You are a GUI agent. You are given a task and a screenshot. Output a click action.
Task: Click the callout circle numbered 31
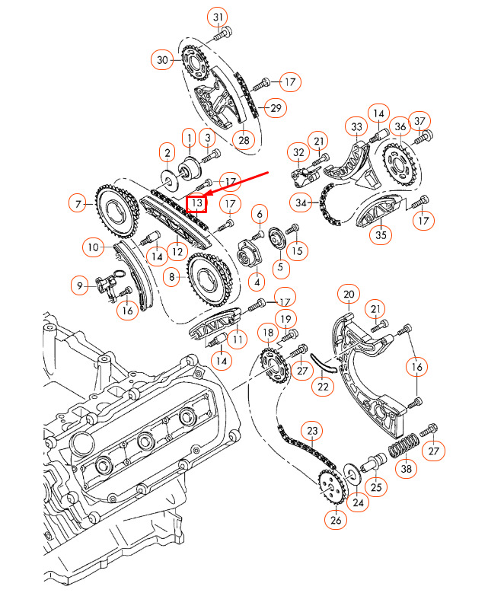[218, 17]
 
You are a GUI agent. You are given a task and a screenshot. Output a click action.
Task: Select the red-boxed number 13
[196, 203]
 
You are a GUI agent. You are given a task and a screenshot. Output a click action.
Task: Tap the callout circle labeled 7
[78, 203]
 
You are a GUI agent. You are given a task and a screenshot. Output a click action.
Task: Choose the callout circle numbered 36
[400, 126]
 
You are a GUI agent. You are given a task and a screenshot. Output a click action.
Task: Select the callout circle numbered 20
[348, 295]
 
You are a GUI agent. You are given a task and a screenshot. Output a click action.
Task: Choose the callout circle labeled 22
[324, 387]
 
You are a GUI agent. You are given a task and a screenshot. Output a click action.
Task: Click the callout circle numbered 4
[257, 282]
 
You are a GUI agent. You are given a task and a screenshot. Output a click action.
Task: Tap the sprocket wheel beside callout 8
[209, 275]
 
